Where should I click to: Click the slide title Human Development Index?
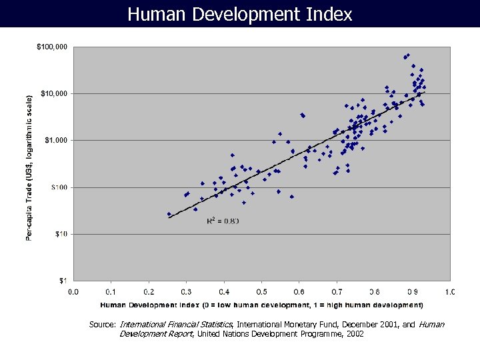tap(239, 14)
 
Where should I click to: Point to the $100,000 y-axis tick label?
tap(52, 47)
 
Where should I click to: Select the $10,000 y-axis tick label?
tap(54, 93)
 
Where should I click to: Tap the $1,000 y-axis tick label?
tap(55, 140)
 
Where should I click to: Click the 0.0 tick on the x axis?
tap(73, 291)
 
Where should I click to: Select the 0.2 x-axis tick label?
tap(149, 291)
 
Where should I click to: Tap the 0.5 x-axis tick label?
tap(262, 291)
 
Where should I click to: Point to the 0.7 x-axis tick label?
tap(337, 291)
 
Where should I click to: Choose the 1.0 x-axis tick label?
tap(450, 291)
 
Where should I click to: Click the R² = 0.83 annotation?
tap(223, 221)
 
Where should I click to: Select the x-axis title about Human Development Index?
tap(261, 305)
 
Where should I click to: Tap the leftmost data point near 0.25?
tap(169, 214)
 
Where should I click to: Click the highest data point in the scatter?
tap(408, 55)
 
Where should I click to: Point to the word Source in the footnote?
tap(102, 325)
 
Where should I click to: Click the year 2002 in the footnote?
tap(353, 334)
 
